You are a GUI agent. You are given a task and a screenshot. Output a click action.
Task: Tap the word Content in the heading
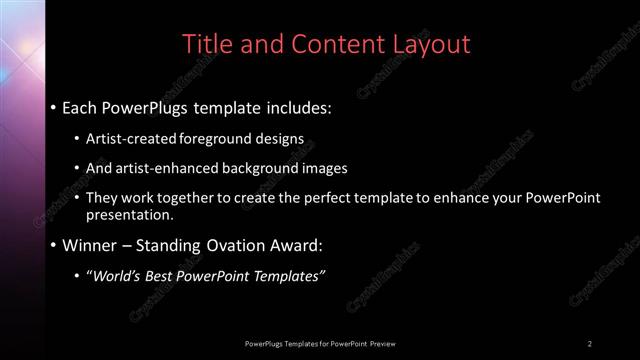pyautogui.click(x=330, y=44)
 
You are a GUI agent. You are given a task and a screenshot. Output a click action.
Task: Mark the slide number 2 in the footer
pyautogui.click(x=590, y=343)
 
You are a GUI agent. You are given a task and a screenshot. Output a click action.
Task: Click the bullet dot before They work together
pyautogui.click(x=79, y=198)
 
